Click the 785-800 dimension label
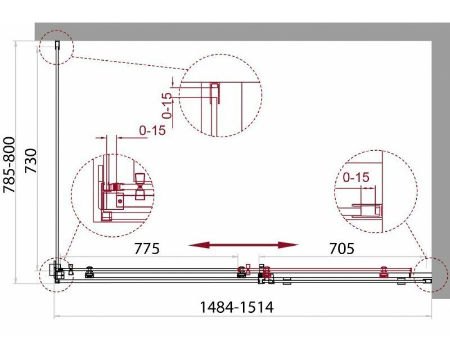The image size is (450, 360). [9, 165]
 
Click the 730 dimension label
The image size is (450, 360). [31, 161]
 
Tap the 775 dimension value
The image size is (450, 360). [147, 248]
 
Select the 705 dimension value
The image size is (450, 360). [342, 248]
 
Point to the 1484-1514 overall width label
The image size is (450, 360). [236, 307]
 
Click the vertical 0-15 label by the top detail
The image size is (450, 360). [167, 105]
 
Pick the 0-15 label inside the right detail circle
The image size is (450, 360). [356, 177]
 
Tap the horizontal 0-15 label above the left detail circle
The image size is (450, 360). [153, 130]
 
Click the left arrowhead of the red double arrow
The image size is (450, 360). [198, 245]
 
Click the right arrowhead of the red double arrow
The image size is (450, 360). [289, 245]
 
